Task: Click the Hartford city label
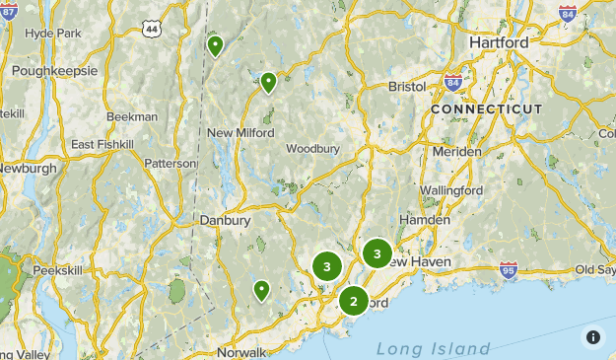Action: [x=499, y=43]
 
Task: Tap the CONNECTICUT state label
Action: [x=486, y=108]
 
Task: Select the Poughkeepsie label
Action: [x=55, y=71]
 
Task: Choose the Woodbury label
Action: [x=312, y=149]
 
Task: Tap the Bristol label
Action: [x=407, y=87]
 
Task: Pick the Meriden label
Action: [x=457, y=152]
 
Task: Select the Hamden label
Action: [x=424, y=220]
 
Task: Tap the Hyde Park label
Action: [x=52, y=33]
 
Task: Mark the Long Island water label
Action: [x=433, y=349]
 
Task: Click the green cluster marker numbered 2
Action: [x=354, y=301]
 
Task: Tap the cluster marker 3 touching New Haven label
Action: [x=376, y=254]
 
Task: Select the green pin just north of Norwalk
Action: [x=262, y=290]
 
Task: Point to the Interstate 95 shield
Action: [x=508, y=269]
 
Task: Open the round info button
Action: [x=593, y=337]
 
